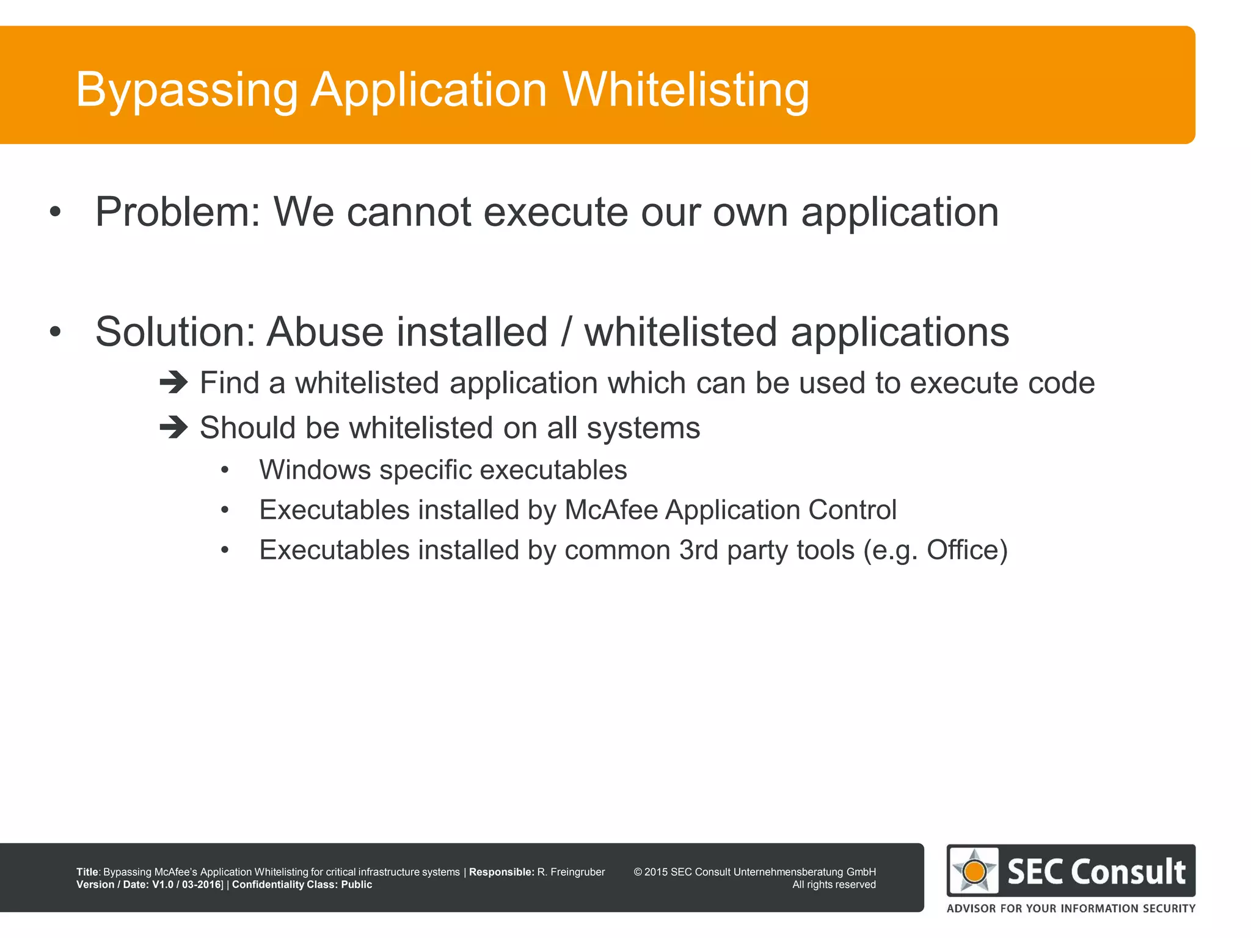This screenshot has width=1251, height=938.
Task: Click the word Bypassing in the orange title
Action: pos(186,90)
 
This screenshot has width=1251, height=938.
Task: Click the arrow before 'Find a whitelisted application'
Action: pos(173,383)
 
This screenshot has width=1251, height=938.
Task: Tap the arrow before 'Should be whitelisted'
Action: pos(173,427)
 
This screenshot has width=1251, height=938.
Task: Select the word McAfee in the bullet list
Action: pos(610,510)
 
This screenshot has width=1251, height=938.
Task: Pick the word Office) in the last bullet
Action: pos(966,550)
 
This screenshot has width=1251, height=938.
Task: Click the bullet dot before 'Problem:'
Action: pos(56,213)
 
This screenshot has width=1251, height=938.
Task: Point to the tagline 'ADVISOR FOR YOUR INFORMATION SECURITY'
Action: pos(1071,909)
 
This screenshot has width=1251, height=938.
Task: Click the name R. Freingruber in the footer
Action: pos(571,872)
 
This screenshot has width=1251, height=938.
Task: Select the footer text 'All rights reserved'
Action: pos(834,885)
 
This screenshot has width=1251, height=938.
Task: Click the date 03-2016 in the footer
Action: pos(201,885)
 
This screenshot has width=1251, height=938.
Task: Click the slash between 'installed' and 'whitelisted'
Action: pos(566,332)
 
